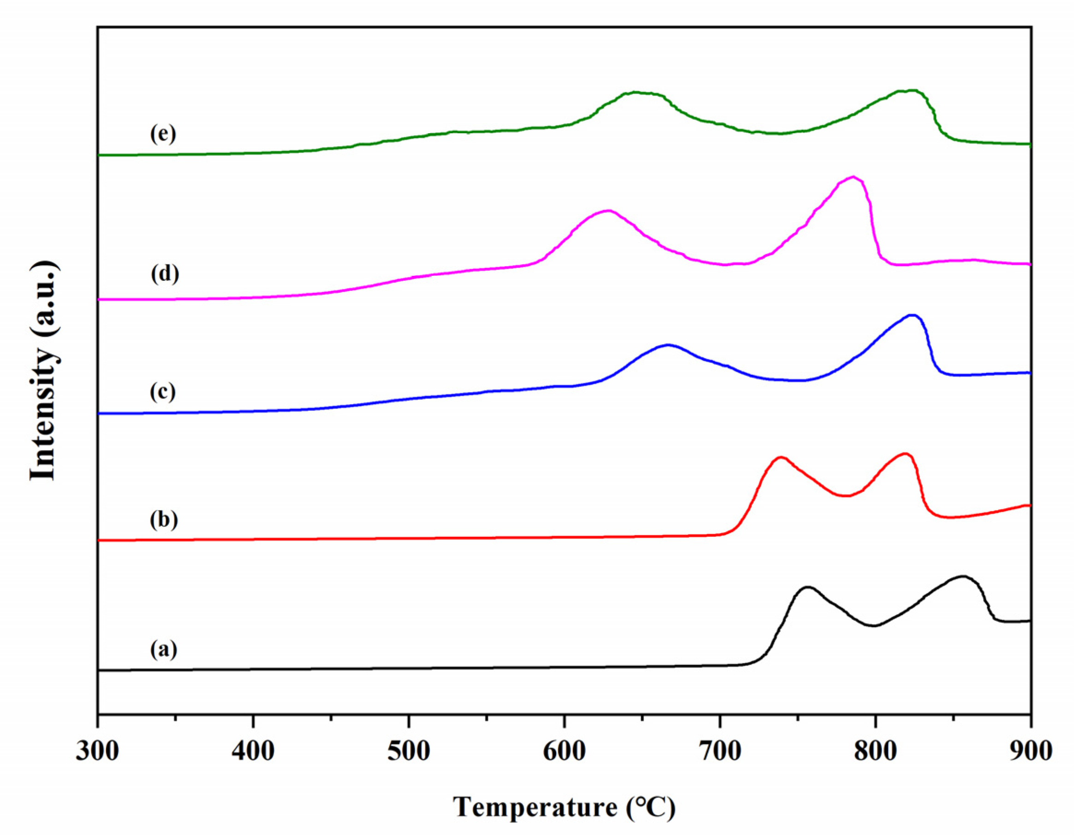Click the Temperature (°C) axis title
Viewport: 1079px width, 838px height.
[564, 808]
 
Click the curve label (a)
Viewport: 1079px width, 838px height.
[163, 649]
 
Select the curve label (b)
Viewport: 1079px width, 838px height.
[163, 520]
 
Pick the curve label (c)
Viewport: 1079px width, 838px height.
[162, 392]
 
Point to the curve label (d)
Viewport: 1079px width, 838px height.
[165, 274]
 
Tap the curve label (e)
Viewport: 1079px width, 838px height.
[162, 134]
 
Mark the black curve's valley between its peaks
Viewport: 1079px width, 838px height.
[875, 626]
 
